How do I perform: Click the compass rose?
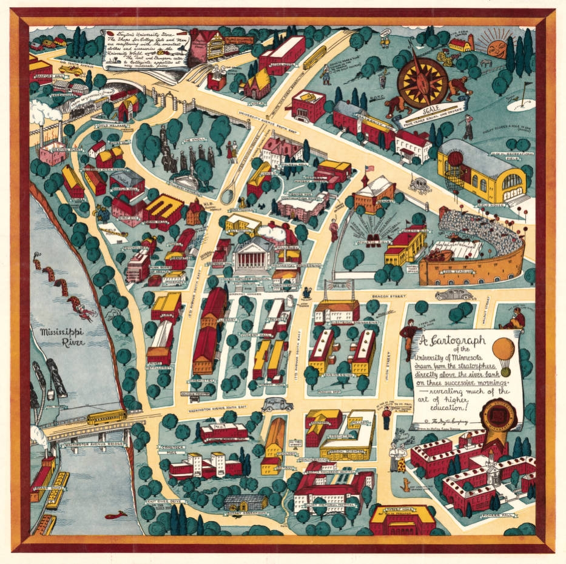(x=423, y=82)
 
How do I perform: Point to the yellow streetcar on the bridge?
(x=106, y=417)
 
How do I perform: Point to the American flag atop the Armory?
(x=368, y=169)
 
